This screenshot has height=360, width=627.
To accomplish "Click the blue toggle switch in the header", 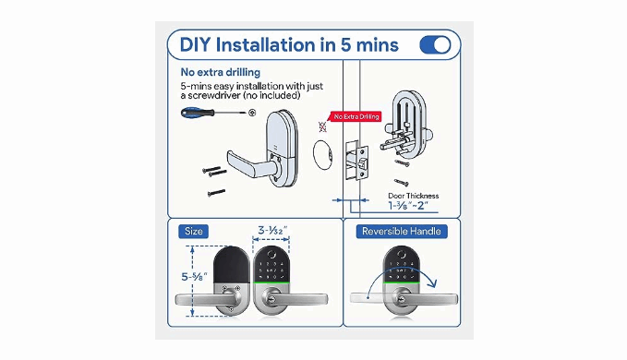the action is [435, 44].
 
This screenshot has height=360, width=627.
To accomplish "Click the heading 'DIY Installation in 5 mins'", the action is [289, 44].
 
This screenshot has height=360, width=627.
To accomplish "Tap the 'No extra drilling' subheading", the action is [221, 72].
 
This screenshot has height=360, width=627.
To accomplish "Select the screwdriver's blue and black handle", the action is [197, 113].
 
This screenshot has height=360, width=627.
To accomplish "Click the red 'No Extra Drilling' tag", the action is [356, 116].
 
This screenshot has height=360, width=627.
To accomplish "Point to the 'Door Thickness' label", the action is [413, 196].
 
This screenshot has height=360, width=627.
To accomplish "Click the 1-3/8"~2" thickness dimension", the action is [408, 205].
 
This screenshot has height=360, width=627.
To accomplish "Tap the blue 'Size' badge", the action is [194, 232].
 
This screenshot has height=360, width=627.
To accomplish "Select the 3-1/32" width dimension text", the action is [272, 231].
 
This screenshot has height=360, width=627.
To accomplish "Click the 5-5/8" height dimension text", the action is [194, 277].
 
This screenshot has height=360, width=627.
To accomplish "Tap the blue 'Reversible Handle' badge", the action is [402, 232].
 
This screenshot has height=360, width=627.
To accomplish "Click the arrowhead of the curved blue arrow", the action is [432, 283].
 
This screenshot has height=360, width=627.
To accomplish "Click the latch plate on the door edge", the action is [361, 163].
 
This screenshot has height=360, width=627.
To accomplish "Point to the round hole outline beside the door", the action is [322, 155].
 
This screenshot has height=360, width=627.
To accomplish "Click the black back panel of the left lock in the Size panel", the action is [232, 265].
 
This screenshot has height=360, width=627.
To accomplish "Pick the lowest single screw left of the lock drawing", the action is [216, 193].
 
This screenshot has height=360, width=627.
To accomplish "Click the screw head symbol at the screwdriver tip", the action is [252, 113].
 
